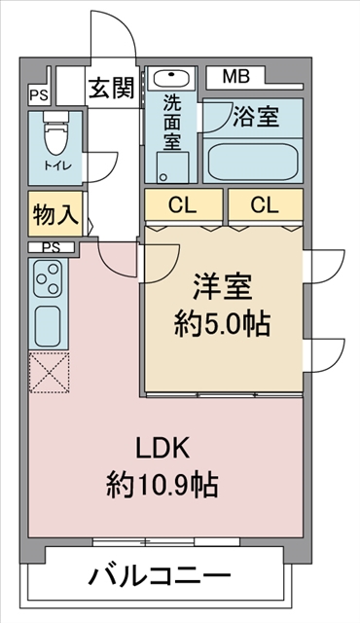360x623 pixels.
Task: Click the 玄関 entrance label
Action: click(112, 88)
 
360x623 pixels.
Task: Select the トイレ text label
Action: click(57, 165)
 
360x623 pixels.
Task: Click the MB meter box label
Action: click(235, 77)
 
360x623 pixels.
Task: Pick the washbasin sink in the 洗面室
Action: click(171, 78)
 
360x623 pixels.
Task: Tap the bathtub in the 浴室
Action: click(253, 162)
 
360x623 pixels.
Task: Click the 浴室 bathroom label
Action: click(256, 117)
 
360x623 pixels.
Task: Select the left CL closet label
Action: click(182, 205)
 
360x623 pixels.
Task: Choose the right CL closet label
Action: click(265, 205)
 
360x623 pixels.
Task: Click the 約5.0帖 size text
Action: click(222, 324)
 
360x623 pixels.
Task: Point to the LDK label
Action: click(162, 449)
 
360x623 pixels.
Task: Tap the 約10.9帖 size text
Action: click(162, 485)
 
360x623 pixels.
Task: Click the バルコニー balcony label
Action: click(160, 574)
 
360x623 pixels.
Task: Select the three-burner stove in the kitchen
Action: click(49, 278)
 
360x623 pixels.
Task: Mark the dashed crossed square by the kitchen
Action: click(50, 372)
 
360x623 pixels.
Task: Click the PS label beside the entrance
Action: click(39, 95)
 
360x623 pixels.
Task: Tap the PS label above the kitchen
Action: click(51, 247)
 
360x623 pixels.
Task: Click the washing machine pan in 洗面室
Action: click(172, 167)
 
